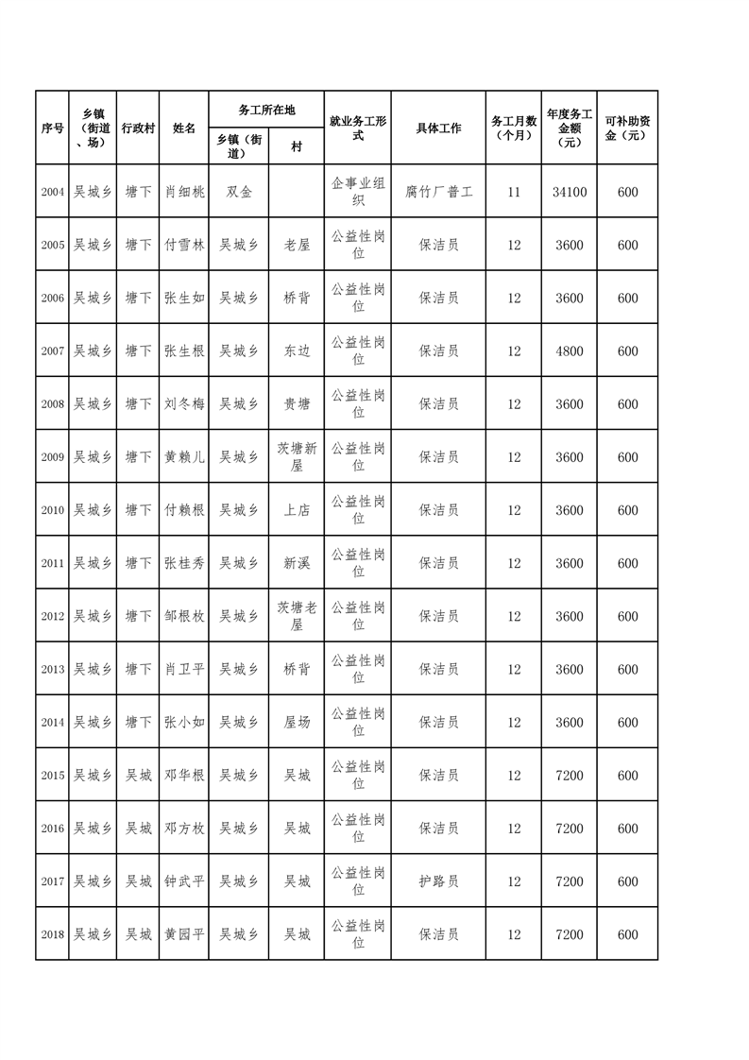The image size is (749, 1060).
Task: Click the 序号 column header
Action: pos(52,128)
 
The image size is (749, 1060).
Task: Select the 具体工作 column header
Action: pos(438,128)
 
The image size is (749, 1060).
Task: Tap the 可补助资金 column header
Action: pos(627,128)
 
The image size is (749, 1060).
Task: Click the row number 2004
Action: pos(52,192)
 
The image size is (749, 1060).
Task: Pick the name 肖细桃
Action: pos(184,192)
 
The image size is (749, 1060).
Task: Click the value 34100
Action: pos(570,192)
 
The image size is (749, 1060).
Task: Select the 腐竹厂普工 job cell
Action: pos(438,192)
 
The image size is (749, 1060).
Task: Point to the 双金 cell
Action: pos(239,192)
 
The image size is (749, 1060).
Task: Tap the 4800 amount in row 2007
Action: pos(570,351)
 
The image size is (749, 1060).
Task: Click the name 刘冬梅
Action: pos(184,404)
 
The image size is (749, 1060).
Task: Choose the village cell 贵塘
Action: pos(297,404)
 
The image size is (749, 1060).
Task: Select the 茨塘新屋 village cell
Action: pos(297,457)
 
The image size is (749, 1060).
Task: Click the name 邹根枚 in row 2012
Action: pos(184,616)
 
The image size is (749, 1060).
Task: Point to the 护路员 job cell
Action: pos(438,881)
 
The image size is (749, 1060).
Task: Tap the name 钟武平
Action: pos(184,881)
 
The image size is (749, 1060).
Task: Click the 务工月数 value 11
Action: pos(514,192)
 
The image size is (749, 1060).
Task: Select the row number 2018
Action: pos(52,934)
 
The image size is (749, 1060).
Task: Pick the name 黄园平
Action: pos(184,934)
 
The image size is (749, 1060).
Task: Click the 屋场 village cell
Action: pos(297,723)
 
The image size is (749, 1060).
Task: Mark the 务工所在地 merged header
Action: pos(266,110)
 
